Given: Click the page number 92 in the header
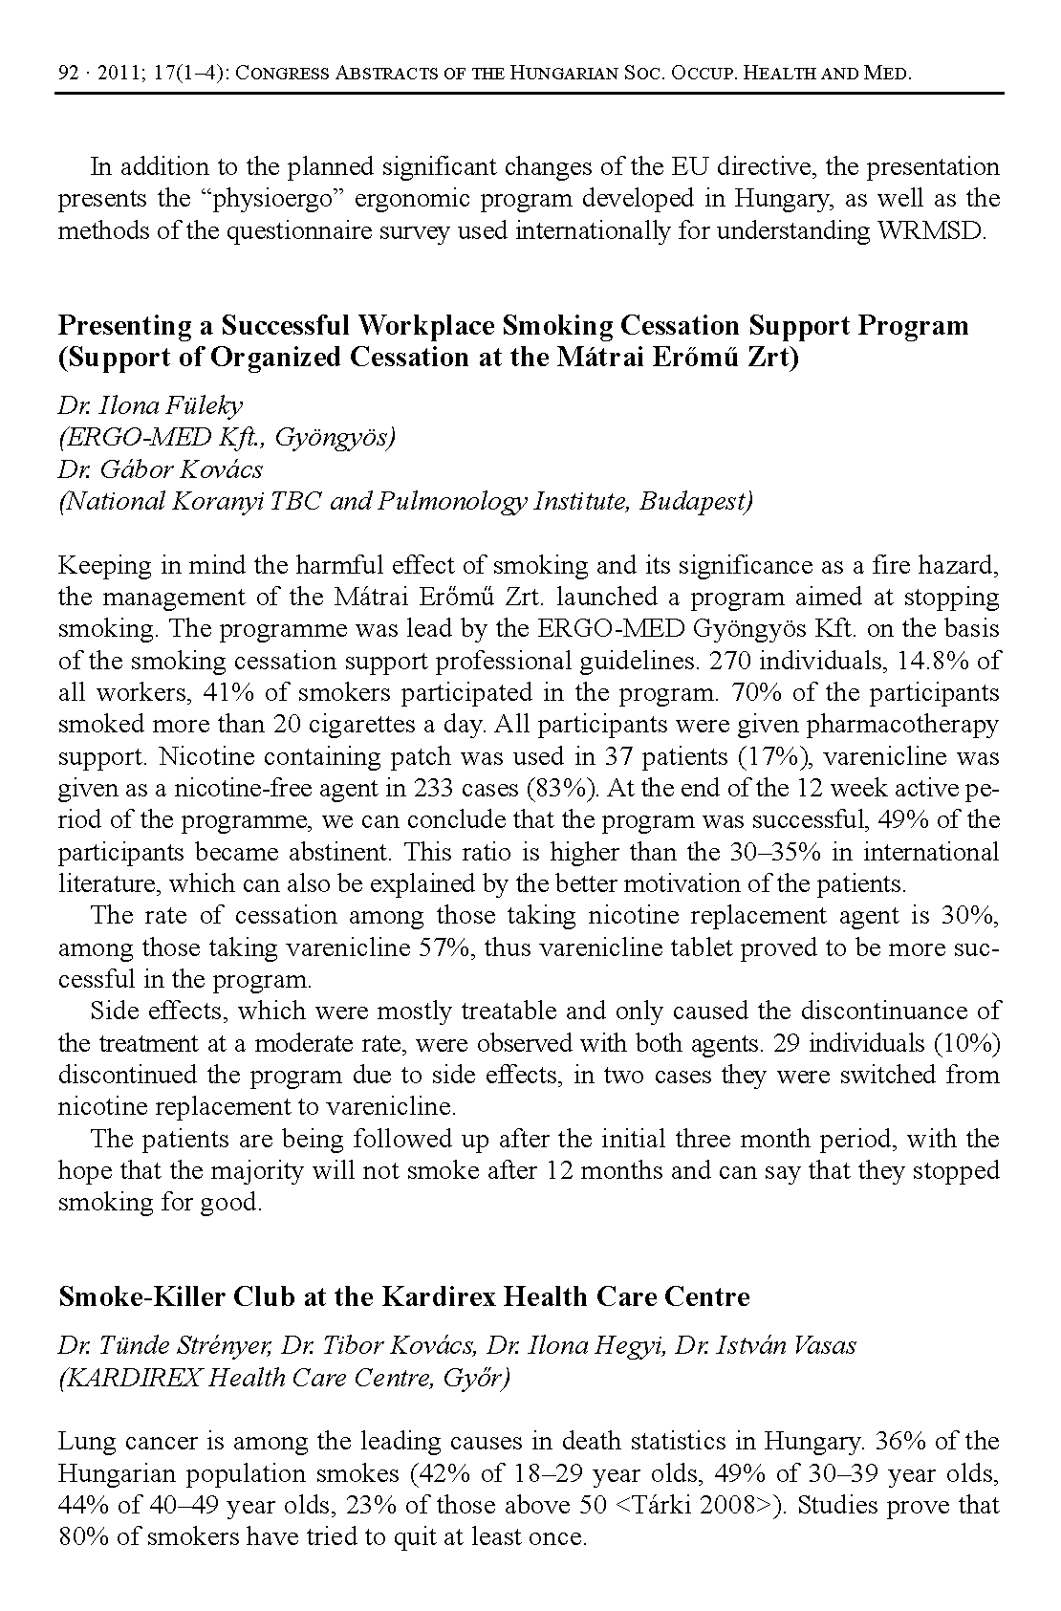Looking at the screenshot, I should click(67, 73).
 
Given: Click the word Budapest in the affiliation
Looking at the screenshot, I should click(694, 502).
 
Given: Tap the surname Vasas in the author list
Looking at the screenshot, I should click(820, 1345).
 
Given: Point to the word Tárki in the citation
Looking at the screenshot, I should click(664, 1505).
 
